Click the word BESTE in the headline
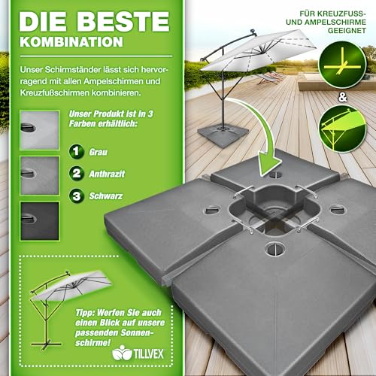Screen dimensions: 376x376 click(123, 22)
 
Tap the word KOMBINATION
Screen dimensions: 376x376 click(71, 42)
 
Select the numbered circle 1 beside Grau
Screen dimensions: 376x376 click(77, 151)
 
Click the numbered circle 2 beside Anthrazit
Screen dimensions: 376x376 click(77, 174)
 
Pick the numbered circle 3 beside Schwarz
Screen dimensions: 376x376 click(77, 196)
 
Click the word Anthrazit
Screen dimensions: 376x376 click(107, 174)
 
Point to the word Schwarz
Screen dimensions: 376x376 click(106, 196)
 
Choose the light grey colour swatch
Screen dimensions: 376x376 click(40, 130)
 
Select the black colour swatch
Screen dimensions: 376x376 click(40, 221)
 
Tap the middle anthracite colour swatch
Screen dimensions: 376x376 click(40, 176)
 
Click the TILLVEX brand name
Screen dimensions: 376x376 click(149, 353)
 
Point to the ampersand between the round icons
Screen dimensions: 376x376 click(343, 97)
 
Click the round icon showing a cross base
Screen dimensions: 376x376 click(342, 65)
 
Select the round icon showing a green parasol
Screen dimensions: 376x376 click(342, 129)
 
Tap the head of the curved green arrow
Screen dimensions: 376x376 click(268, 164)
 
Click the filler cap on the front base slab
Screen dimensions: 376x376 click(273, 249)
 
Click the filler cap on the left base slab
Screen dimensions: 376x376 click(213, 209)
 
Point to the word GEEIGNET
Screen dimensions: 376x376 click(347, 31)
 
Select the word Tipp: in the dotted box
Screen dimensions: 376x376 click(85, 313)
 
